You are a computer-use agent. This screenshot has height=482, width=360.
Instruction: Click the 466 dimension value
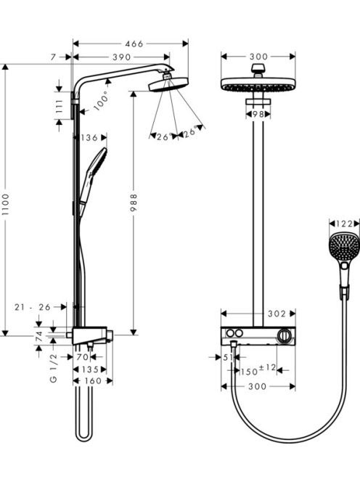point(134,44)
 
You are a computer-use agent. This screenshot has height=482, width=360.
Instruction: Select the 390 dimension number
point(122,57)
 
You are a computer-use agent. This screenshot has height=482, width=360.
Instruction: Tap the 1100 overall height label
point(6,204)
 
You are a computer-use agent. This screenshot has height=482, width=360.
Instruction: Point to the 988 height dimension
point(134,203)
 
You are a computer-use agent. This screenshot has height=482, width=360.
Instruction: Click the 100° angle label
point(102,100)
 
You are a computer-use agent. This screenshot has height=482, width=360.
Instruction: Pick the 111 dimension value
point(60,106)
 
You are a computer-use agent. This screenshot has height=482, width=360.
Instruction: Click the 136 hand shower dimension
point(89,138)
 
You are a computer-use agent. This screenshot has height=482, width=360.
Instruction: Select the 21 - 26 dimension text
point(32,307)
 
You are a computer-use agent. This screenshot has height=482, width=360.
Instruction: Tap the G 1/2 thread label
point(54,367)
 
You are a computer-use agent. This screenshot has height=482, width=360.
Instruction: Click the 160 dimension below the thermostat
point(93,381)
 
